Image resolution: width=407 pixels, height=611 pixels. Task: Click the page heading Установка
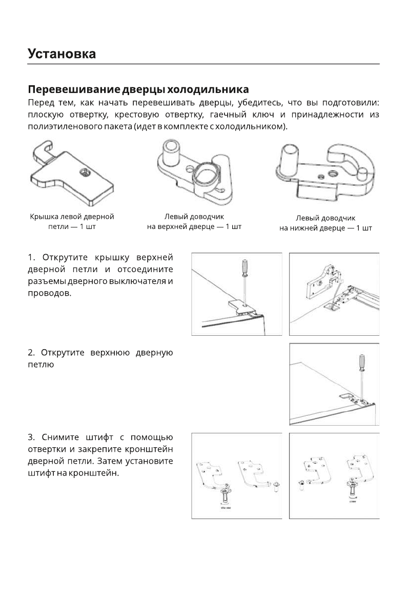pyautogui.click(x=62, y=53)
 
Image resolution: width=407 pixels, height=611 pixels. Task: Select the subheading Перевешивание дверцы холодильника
pyautogui.click(x=138, y=90)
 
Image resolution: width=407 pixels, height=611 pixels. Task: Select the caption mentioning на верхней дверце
pyautogui.click(x=194, y=226)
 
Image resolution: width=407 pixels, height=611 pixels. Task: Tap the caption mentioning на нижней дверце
pyautogui.click(x=325, y=228)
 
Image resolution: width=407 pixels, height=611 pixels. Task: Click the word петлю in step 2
pyautogui.click(x=40, y=365)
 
